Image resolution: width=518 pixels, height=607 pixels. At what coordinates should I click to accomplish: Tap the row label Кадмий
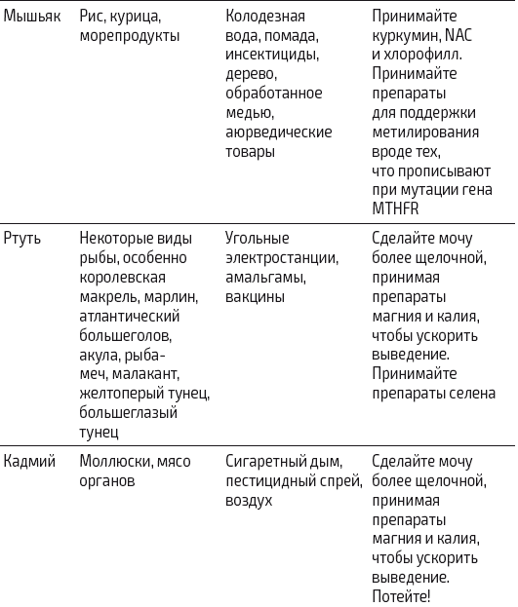point(29,461)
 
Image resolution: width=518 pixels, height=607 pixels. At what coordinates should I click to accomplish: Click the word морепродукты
point(129,35)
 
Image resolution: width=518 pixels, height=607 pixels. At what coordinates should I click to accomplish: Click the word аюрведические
point(278,132)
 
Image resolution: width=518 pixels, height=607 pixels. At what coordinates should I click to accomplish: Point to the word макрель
point(107,295)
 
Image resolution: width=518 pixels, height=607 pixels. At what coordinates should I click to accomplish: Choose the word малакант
point(159,374)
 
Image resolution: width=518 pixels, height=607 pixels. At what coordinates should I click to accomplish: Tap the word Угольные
point(258,239)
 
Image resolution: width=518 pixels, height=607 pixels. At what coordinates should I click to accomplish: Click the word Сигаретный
point(269,461)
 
